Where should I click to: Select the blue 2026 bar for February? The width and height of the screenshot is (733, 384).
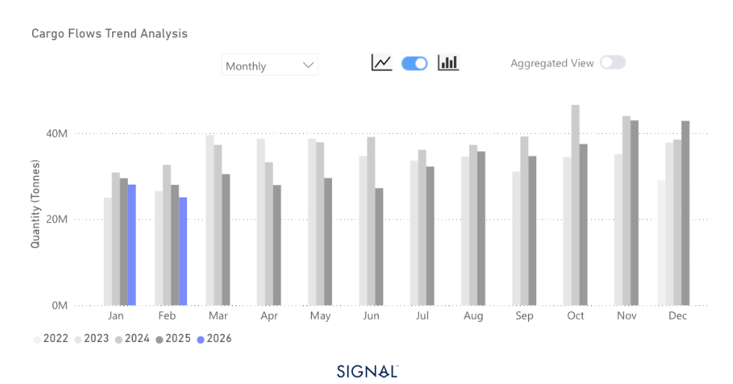pyautogui.click(x=183, y=252)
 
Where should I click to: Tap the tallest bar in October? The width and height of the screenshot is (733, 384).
pyautogui.click(x=575, y=205)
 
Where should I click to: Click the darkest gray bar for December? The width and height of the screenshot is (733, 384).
pyautogui.click(x=685, y=213)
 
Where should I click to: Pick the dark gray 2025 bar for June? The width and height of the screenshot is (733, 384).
pyautogui.click(x=378, y=247)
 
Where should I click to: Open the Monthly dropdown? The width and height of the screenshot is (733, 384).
pyautogui.click(x=270, y=65)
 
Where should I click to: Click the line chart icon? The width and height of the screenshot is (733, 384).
pyautogui.click(x=381, y=63)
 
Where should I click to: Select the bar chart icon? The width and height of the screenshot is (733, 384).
pyautogui.click(x=449, y=63)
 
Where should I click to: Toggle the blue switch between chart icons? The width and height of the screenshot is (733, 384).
pyautogui.click(x=414, y=63)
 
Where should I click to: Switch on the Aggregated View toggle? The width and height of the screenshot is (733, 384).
pyautogui.click(x=613, y=63)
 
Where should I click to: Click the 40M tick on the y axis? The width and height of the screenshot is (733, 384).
pyautogui.click(x=57, y=133)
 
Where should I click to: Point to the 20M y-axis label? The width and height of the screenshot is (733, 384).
pyautogui.click(x=57, y=219)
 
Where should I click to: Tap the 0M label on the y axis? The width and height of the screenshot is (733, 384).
pyautogui.click(x=60, y=305)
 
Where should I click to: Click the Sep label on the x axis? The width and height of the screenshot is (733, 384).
pyautogui.click(x=524, y=317)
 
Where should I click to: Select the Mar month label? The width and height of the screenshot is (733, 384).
pyautogui.click(x=218, y=317)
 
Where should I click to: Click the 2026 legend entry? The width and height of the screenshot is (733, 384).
pyautogui.click(x=214, y=339)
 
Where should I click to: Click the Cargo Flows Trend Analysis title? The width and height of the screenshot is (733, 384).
pyautogui.click(x=109, y=34)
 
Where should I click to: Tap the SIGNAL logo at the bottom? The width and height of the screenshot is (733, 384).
pyautogui.click(x=366, y=371)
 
